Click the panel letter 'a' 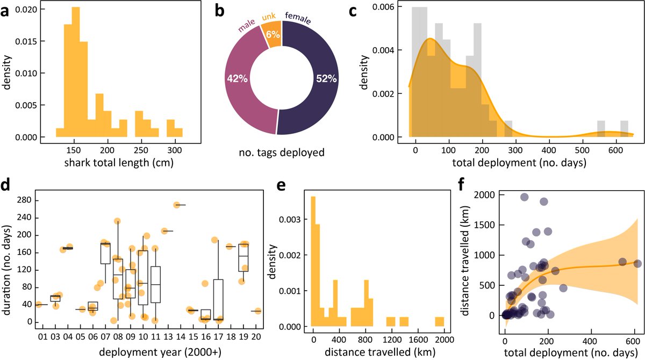click(x=8, y=12)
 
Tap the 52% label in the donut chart click(x=326, y=78)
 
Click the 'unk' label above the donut click(x=269, y=17)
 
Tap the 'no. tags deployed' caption click(x=281, y=153)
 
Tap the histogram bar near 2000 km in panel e click(x=439, y=321)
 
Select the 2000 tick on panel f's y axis click(x=486, y=193)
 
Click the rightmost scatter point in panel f click(x=637, y=264)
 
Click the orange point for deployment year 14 click(x=176, y=205)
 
